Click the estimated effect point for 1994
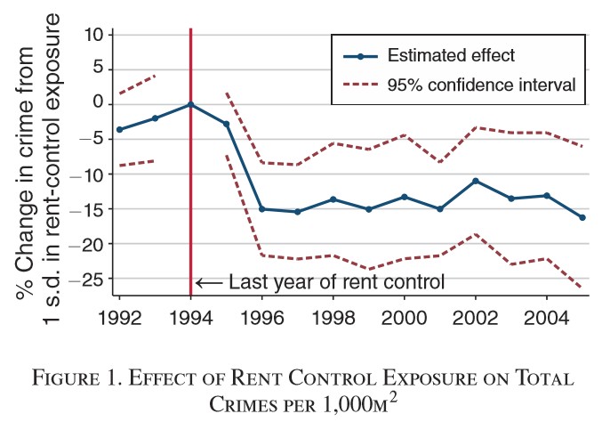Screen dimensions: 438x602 [190, 104]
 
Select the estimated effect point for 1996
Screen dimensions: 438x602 [261, 209]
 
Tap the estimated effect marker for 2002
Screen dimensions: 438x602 [476, 181]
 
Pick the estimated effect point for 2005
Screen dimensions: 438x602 [582, 217]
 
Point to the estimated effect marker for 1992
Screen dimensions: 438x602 [119, 129]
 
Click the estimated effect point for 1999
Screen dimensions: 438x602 [368, 209]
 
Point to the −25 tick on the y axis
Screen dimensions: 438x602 [90, 279]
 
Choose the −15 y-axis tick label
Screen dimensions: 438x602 [90, 209]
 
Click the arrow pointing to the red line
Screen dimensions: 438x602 [208, 284]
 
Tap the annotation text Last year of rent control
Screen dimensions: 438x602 [335, 284]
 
